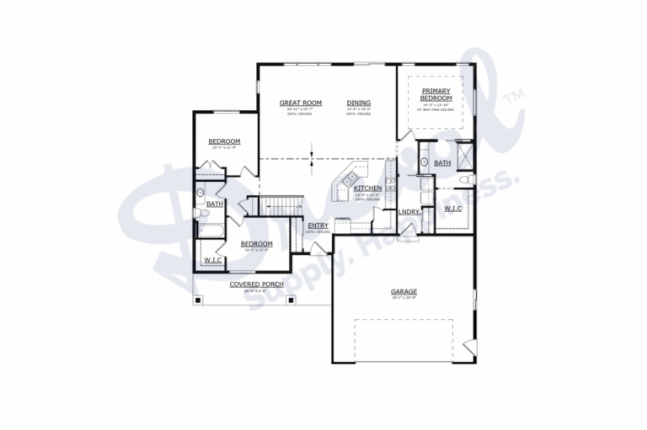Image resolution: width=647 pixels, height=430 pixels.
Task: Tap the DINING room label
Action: pos(358,103)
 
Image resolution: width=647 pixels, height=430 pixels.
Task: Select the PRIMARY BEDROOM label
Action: pos(436,94)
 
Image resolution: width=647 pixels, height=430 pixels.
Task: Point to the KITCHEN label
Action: pos(367,188)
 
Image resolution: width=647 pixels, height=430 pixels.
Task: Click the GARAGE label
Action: pos(404,291)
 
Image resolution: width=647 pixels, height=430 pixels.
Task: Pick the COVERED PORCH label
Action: pos(255,284)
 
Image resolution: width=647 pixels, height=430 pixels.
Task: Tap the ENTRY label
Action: pos(318,225)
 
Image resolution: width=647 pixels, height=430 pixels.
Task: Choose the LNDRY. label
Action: pos(409,211)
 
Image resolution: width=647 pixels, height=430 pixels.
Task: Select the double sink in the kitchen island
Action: pos(346,179)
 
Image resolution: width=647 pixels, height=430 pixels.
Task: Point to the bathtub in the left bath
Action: pos(208,229)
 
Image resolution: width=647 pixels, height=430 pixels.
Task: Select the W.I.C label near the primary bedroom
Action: pos(452,207)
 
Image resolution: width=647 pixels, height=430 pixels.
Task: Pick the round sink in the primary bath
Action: pos(422,179)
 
